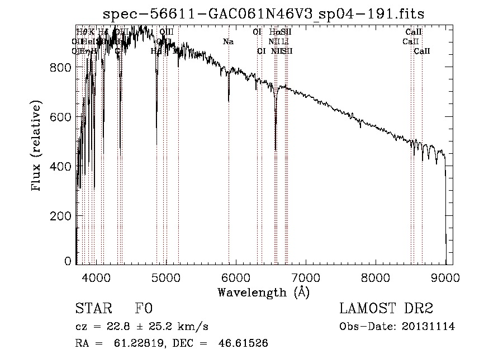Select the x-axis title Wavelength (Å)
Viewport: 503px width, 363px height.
pos(263,292)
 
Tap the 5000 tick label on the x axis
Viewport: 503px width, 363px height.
pos(166,276)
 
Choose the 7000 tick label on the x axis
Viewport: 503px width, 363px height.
pos(306,276)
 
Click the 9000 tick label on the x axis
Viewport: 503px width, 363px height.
pos(445,276)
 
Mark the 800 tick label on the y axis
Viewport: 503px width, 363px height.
pos(61,67)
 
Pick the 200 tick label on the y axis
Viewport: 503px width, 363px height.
pos(61,216)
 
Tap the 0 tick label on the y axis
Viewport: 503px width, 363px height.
pos(68,261)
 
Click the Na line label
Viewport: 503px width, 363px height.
pos(228,42)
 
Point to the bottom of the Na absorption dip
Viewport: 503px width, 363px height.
pos(229,101)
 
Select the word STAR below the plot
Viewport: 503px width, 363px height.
pos(93,309)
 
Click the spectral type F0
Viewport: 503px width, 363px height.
pos(144,309)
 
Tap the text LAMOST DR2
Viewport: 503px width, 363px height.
pos(386,309)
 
